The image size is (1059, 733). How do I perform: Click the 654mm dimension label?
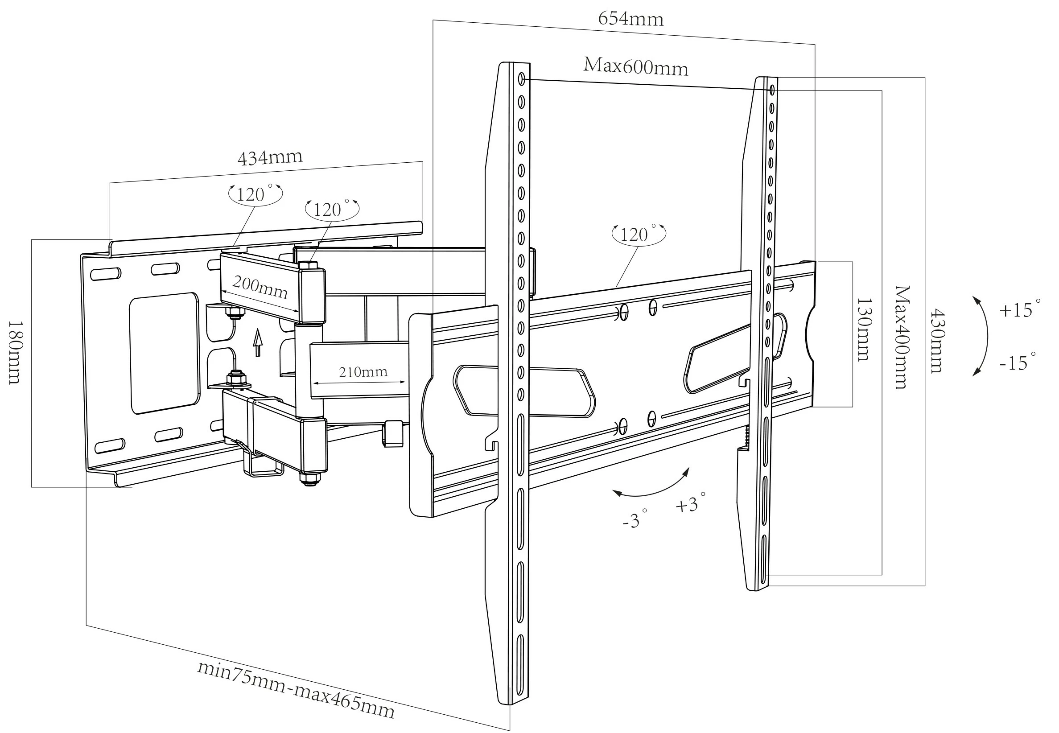coord(630,19)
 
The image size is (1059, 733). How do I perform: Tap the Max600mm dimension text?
coord(635,67)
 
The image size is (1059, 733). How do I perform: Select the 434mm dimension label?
coord(270,157)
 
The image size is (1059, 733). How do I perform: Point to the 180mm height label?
coord(15,352)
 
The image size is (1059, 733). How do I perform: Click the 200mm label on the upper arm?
coord(260,288)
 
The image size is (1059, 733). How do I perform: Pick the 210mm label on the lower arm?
coord(363,372)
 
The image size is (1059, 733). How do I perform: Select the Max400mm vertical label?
coord(902,338)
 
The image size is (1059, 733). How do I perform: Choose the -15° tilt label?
coord(1018,363)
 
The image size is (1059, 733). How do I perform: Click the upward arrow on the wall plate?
coord(258,342)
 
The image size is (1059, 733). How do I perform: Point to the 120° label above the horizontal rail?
coord(638,234)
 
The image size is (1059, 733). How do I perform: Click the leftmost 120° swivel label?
coord(255,194)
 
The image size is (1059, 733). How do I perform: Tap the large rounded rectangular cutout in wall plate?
coord(165,353)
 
